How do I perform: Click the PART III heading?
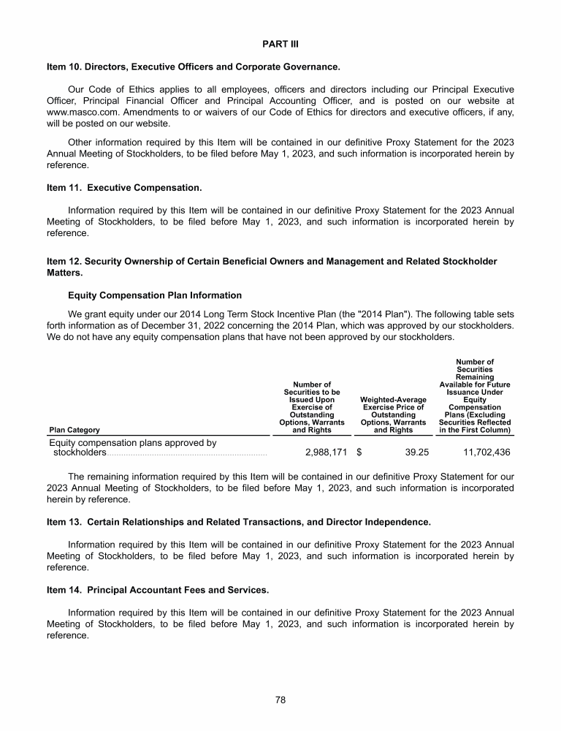280,44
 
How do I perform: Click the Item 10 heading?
193,67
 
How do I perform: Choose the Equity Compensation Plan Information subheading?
155,295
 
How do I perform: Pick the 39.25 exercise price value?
416,452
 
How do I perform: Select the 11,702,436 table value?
486,452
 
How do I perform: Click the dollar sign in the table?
359,452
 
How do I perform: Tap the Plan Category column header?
75,431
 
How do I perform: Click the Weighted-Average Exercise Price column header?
393,414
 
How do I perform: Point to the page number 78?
280,700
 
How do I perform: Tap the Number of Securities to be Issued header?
312,407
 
